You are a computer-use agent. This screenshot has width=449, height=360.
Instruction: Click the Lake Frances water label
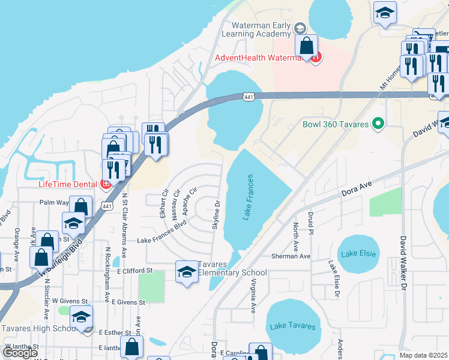click(x=248, y=197)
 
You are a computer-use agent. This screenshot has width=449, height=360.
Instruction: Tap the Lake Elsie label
click(x=358, y=254)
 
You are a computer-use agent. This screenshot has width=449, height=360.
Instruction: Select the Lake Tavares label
click(x=292, y=326)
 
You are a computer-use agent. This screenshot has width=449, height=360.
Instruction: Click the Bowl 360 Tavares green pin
click(x=378, y=124)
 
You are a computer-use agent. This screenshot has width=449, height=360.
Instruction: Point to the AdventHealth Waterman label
click(x=262, y=58)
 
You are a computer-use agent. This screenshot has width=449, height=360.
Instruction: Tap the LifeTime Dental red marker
click(x=106, y=184)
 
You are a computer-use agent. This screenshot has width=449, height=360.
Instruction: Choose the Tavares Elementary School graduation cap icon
click(x=187, y=272)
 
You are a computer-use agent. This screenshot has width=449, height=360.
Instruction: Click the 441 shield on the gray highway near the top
click(x=249, y=96)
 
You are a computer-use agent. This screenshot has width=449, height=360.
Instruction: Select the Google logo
click(x=20, y=353)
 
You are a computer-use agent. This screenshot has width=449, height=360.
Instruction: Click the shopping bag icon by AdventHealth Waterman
click(x=306, y=46)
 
